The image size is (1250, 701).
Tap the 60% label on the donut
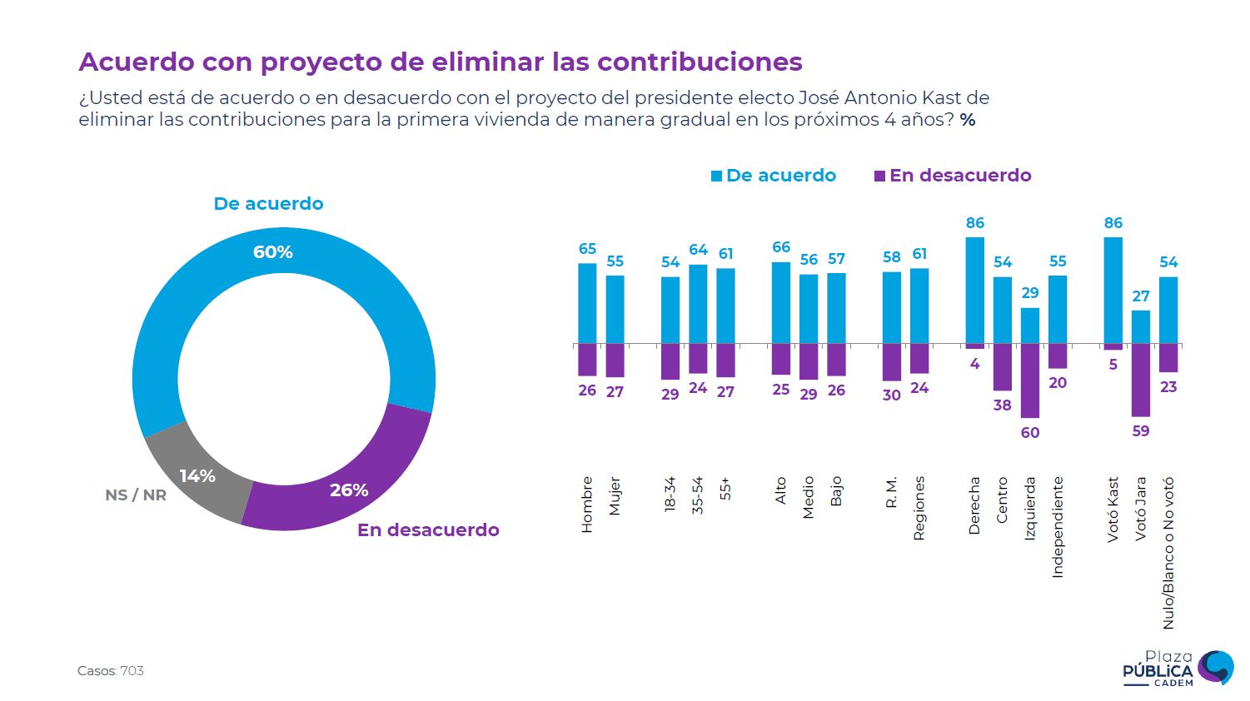tap(273, 252)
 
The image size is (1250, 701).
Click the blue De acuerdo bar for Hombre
tap(587, 303)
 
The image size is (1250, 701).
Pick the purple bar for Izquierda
tap(1030, 380)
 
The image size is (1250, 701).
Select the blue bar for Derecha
tap(974, 291)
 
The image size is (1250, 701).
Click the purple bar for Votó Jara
tap(1140, 380)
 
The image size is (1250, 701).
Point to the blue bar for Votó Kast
tap(1113, 291)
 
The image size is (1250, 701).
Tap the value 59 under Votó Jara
tap(1140, 431)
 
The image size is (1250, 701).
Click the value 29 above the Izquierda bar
tap(1030, 293)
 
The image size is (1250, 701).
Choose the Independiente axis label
tap(1058, 527)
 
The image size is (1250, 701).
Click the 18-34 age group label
tap(670, 494)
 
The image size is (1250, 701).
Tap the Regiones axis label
tap(919, 508)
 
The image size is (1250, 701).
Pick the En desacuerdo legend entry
tap(953, 176)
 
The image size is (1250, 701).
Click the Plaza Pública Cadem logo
tap(1178, 669)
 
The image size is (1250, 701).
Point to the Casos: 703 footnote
tap(111, 671)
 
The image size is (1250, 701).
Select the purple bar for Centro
tap(1003, 367)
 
